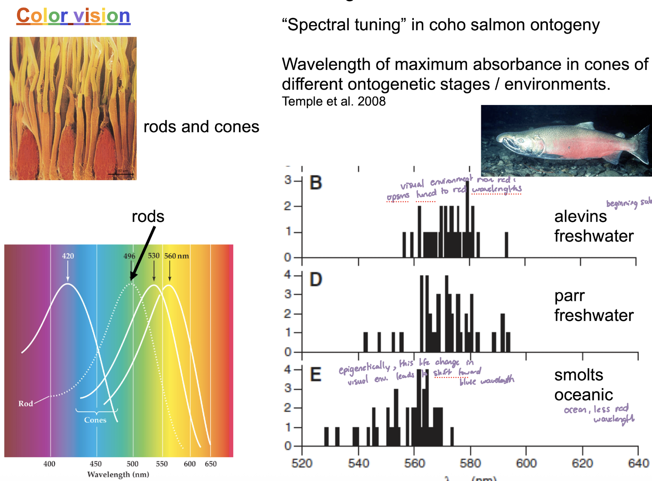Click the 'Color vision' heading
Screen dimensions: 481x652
[x=73, y=16]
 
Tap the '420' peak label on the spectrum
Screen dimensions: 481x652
[x=68, y=256]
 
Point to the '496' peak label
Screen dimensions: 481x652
[x=129, y=256]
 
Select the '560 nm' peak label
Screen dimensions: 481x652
[x=176, y=256]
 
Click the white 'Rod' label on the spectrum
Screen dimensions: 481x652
[x=26, y=404]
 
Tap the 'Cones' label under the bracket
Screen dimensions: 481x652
[x=95, y=420]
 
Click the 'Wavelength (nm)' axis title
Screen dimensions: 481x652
[x=118, y=475]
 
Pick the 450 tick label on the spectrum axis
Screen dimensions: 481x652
[x=95, y=464]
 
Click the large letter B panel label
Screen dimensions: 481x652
[x=316, y=183]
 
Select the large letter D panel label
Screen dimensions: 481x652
[x=316, y=280]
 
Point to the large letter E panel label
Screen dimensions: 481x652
[x=316, y=374]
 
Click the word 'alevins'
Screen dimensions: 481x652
[x=580, y=216]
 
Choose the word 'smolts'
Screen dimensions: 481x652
[x=579, y=375]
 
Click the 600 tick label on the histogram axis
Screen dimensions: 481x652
[x=526, y=463]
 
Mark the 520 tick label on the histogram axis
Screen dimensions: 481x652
[x=302, y=463]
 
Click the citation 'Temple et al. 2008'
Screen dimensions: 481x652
[x=334, y=102]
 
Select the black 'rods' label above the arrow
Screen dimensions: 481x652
[x=148, y=216]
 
